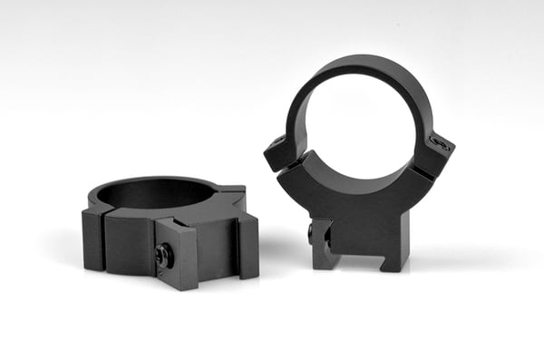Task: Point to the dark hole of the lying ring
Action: click(x=154, y=192)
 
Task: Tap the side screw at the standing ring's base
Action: click(x=312, y=233)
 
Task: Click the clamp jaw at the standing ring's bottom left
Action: click(x=324, y=247)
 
